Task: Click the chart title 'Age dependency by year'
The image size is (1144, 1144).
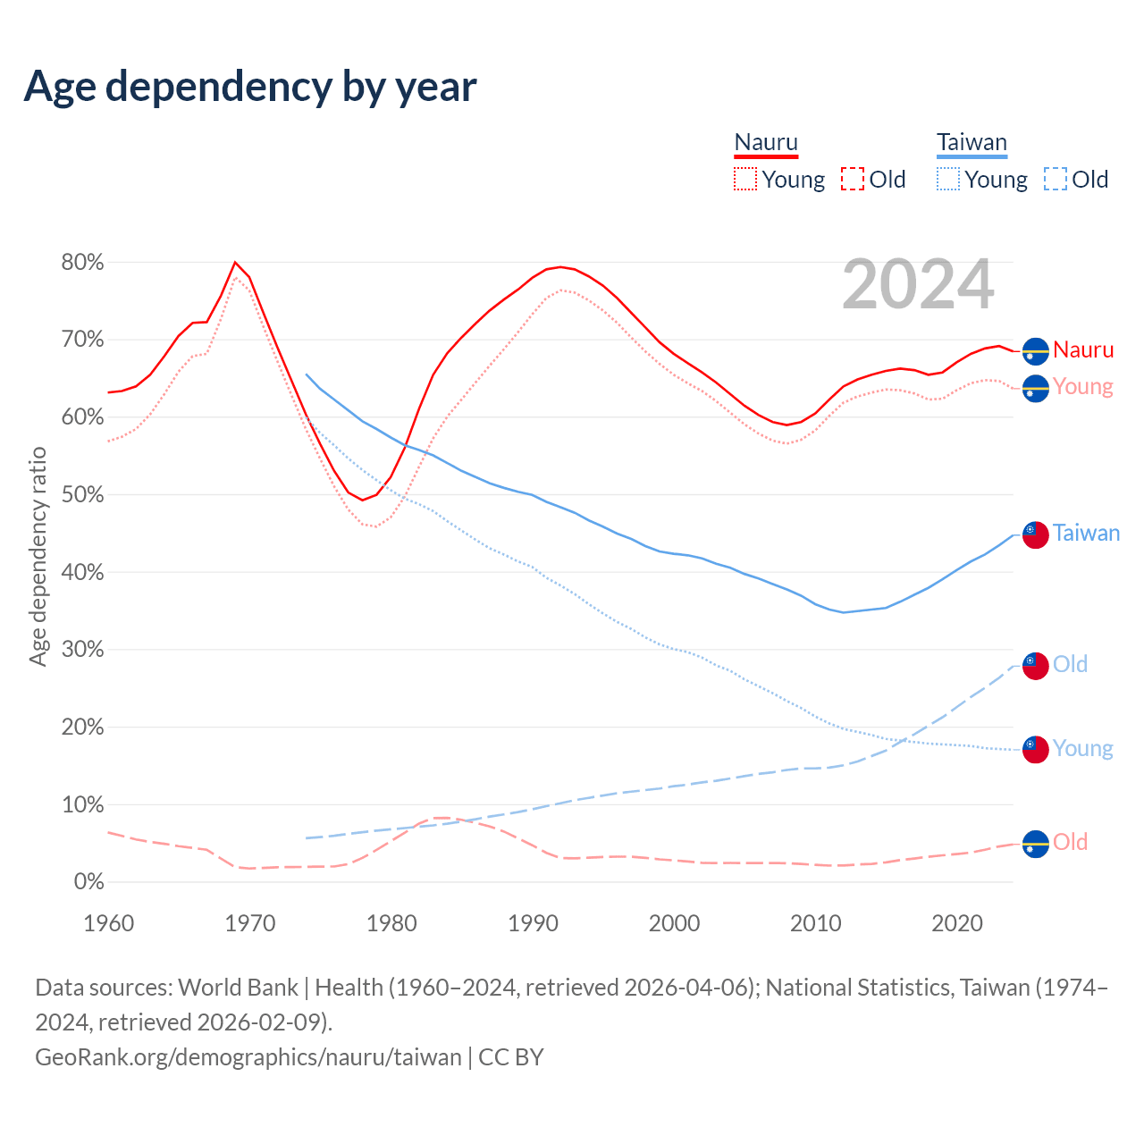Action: (x=250, y=87)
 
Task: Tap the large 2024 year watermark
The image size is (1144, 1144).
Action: (x=918, y=284)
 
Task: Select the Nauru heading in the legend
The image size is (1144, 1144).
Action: (x=766, y=143)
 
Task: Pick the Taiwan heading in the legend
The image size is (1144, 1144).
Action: (x=972, y=143)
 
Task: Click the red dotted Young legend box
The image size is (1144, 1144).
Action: (x=745, y=179)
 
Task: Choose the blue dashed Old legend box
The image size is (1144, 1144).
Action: (x=1055, y=179)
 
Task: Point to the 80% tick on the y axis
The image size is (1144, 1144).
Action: (x=82, y=263)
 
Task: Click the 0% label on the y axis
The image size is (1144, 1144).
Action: (x=88, y=882)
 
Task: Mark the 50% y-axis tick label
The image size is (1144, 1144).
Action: (x=82, y=495)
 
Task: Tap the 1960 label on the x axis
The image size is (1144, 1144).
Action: (x=108, y=923)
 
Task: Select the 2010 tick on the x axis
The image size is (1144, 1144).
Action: (x=816, y=923)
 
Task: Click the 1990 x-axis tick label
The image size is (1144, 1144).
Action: (x=533, y=923)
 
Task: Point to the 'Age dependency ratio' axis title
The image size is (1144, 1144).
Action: (x=38, y=557)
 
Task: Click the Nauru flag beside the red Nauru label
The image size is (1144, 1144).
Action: (x=1035, y=352)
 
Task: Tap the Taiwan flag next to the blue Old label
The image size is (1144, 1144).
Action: (x=1035, y=666)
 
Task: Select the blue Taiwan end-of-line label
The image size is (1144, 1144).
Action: (x=1086, y=534)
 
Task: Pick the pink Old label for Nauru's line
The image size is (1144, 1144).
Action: (x=1070, y=842)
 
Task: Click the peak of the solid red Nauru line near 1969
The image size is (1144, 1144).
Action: (x=235, y=262)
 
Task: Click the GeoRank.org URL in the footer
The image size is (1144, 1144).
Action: (x=248, y=1057)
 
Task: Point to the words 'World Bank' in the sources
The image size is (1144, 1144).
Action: (x=238, y=988)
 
